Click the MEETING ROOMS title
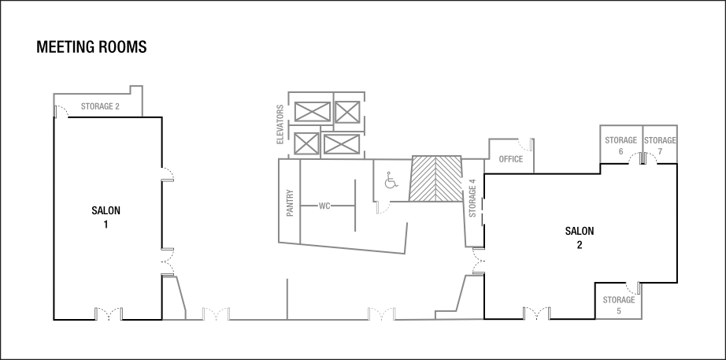pos(91,48)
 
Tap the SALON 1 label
pos(106,217)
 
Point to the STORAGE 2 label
pos(100,106)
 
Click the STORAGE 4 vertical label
pos(472,199)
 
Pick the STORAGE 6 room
pos(620,144)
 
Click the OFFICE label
pos(511,159)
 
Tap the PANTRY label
pos(290,202)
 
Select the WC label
pos(324,206)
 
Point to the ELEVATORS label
pos(280,124)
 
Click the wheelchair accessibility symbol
pos(390,181)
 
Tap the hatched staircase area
pos(436,178)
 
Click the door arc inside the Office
pos(523,144)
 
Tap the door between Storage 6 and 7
pos(643,158)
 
